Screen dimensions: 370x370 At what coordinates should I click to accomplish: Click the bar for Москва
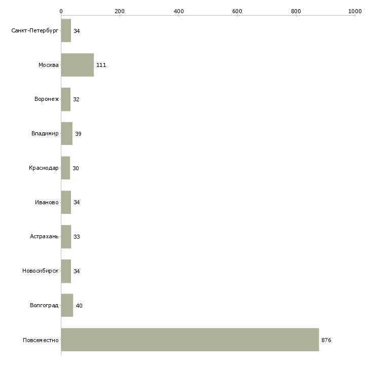click(x=78, y=65)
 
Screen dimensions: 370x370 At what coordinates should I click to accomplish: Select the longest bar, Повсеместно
click(x=190, y=340)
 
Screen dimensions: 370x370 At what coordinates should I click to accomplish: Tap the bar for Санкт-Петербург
click(x=66, y=30)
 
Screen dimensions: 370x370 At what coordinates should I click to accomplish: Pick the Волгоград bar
click(x=67, y=305)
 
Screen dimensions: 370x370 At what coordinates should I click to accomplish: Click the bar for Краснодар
click(x=65, y=168)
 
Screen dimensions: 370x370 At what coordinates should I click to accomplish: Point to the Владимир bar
click(x=67, y=133)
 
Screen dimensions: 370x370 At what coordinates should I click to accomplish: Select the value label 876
click(x=326, y=340)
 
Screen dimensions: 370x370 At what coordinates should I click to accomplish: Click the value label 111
click(x=101, y=65)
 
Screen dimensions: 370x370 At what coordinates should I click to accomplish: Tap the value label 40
click(x=79, y=306)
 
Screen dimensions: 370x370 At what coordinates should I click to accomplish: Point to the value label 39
click(x=78, y=134)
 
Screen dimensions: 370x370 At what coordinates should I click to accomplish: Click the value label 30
click(x=76, y=168)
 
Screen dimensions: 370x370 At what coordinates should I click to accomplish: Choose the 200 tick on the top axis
click(x=120, y=11)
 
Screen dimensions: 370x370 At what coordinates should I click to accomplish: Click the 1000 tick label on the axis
click(x=355, y=11)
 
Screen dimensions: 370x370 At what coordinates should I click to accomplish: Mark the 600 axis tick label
click(x=237, y=11)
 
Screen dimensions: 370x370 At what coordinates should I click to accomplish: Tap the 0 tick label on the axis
click(x=61, y=11)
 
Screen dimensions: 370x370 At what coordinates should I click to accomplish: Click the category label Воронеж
click(x=47, y=99)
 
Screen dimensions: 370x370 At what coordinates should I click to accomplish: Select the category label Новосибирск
click(x=41, y=271)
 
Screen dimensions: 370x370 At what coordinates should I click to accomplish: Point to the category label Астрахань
click(x=44, y=236)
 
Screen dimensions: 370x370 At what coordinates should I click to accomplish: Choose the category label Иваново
click(x=47, y=202)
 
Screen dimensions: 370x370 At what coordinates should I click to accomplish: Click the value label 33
click(x=77, y=237)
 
